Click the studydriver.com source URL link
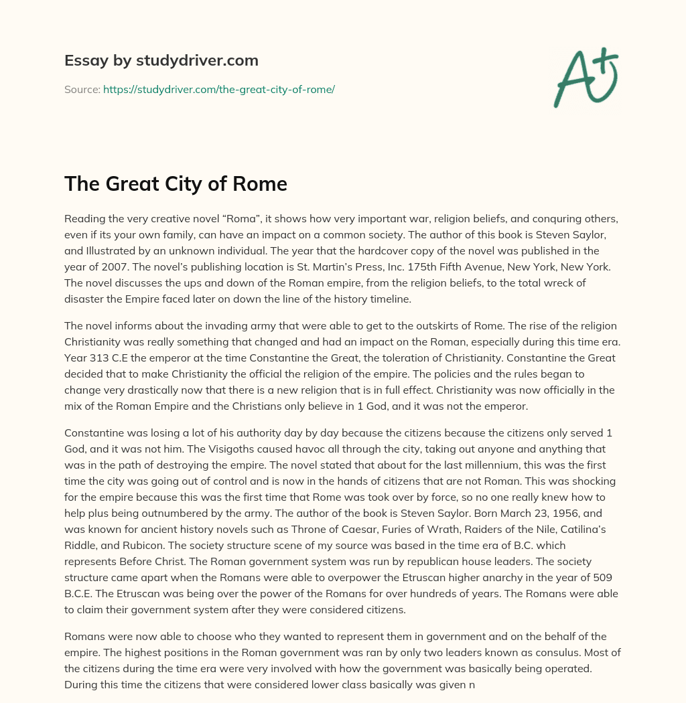point(218,89)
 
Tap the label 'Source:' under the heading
point(82,89)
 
